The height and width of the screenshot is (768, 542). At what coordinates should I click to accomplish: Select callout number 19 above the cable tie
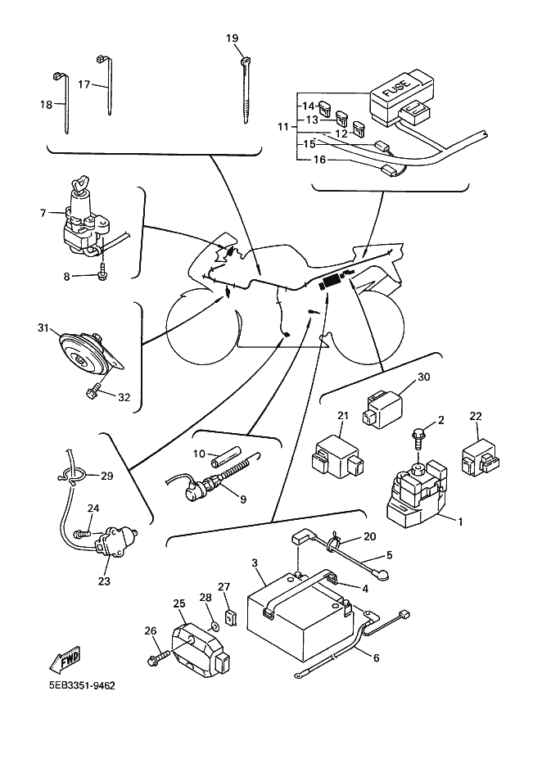pyautogui.click(x=232, y=38)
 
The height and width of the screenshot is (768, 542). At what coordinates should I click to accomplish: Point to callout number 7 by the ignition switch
pyautogui.click(x=43, y=213)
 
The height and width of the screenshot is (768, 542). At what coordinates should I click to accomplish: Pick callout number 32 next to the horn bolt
pyautogui.click(x=124, y=397)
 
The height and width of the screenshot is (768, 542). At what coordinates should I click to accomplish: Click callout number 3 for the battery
pyautogui.click(x=255, y=563)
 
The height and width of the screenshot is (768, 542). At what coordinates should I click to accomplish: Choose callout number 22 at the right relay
pyautogui.click(x=476, y=417)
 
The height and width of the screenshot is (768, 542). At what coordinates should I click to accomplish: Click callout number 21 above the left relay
pyautogui.click(x=344, y=416)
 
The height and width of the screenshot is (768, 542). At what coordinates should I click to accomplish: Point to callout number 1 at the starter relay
pyautogui.click(x=460, y=521)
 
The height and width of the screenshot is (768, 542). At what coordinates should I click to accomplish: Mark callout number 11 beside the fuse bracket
pyautogui.click(x=283, y=127)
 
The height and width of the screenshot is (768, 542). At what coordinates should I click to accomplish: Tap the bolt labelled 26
pyautogui.click(x=158, y=657)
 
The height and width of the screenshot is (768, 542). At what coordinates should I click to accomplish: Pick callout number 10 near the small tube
pyautogui.click(x=199, y=454)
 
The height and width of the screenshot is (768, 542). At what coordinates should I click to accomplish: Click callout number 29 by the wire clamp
pyautogui.click(x=107, y=475)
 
